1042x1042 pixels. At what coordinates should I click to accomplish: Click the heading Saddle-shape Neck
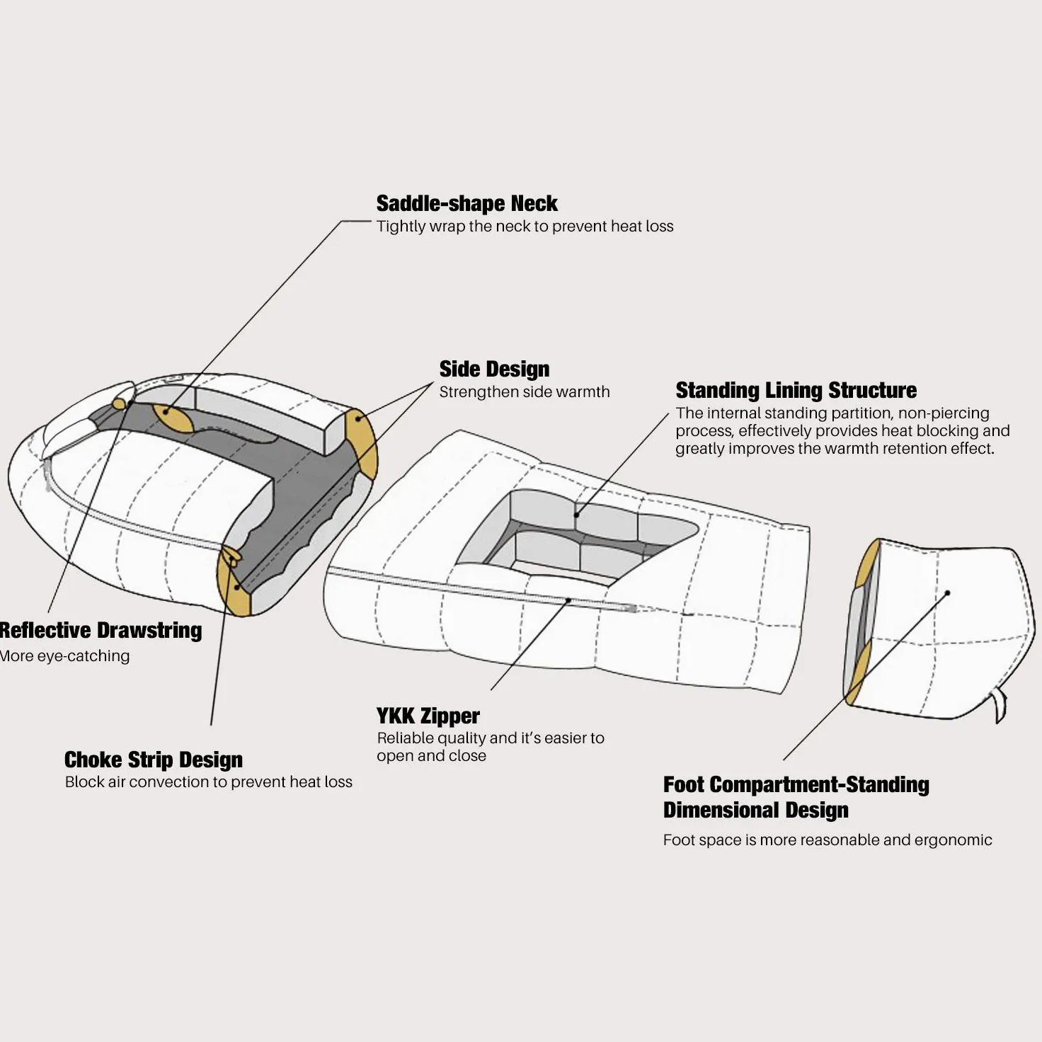pos(466,204)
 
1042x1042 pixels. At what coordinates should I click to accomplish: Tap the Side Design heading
pos(494,370)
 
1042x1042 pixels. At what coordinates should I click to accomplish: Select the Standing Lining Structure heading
pos(796,390)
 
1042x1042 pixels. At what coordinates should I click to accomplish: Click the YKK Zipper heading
pos(428,716)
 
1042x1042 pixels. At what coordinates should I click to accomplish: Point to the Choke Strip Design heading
pos(154,760)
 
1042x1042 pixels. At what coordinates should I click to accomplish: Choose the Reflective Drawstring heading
pos(101,631)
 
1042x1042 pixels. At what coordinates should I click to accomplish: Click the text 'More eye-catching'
pos(65,656)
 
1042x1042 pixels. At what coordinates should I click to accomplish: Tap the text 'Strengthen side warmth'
pos(524,392)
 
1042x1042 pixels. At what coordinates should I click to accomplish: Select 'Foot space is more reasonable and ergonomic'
pos(828,840)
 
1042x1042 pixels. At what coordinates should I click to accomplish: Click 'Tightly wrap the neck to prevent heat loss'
pos(525,226)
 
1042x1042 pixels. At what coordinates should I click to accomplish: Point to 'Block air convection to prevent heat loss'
pos(208,782)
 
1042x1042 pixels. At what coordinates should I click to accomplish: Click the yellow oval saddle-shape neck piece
pos(173,418)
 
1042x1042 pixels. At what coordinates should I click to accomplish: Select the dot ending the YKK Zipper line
pos(568,600)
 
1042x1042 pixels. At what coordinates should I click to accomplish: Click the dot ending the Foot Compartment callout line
pos(947,593)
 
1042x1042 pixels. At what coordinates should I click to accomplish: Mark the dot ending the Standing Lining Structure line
pos(576,515)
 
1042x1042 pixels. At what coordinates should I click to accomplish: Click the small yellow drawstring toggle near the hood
pos(120,404)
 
